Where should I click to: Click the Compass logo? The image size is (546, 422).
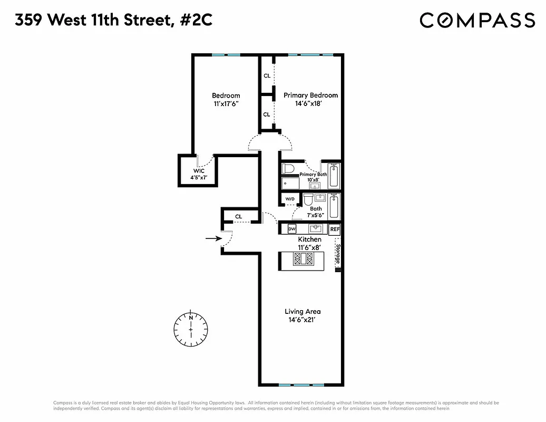click(x=477, y=20)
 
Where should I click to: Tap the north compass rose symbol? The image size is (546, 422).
click(x=191, y=327)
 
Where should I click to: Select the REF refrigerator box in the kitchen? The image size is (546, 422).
click(x=335, y=229)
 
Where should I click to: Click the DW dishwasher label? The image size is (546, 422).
click(x=291, y=229)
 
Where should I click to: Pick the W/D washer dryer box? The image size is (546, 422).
click(x=290, y=199)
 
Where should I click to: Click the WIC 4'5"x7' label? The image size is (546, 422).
click(x=199, y=175)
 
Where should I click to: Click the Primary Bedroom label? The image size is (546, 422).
click(x=310, y=95)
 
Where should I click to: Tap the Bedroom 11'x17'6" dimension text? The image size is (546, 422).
click(x=226, y=104)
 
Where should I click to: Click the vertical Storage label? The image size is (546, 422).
click(x=338, y=255)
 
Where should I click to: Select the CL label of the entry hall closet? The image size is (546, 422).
click(x=238, y=216)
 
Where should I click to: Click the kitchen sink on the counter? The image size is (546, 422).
click(x=316, y=229)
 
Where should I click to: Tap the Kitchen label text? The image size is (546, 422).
click(x=309, y=239)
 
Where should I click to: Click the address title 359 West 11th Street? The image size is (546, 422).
click(x=113, y=20)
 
